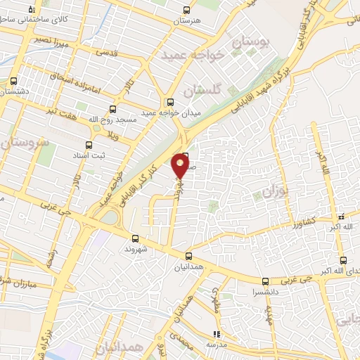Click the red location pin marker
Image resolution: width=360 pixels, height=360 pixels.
pyautogui.click(x=180, y=166)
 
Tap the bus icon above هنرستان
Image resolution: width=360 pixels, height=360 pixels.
pyautogui.click(x=186, y=10)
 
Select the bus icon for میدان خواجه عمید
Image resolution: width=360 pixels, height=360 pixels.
pyautogui.click(x=169, y=101)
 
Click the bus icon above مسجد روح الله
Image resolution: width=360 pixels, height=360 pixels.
pyautogui.click(x=112, y=109)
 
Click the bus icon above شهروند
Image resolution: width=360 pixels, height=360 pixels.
pyautogui.click(x=134, y=238)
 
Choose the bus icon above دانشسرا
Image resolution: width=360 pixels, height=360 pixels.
pyautogui.click(x=265, y=281)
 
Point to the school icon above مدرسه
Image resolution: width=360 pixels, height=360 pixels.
pyautogui.click(x=217, y=335)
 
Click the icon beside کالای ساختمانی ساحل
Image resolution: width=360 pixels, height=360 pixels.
pyautogui.click(x=31, y=9)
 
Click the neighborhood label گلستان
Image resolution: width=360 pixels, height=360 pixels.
pyautogui.click(x=202, y=91)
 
